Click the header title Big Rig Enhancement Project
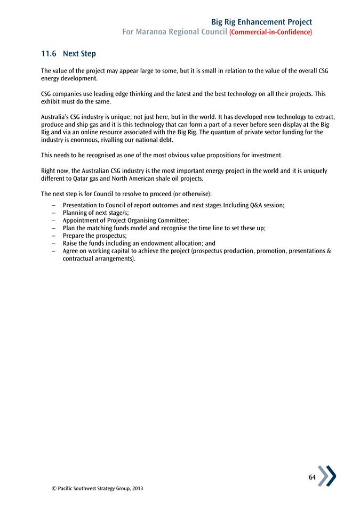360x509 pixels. click(x=261, y=22)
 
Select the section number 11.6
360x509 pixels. click(x=49, y=54)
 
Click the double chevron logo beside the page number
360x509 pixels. click(x=327, y=475)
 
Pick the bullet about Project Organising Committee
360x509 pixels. click(x=126, y=220)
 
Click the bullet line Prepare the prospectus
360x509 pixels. click(x=94, y=235)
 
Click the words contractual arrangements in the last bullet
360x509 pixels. click(x=99, y=258)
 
